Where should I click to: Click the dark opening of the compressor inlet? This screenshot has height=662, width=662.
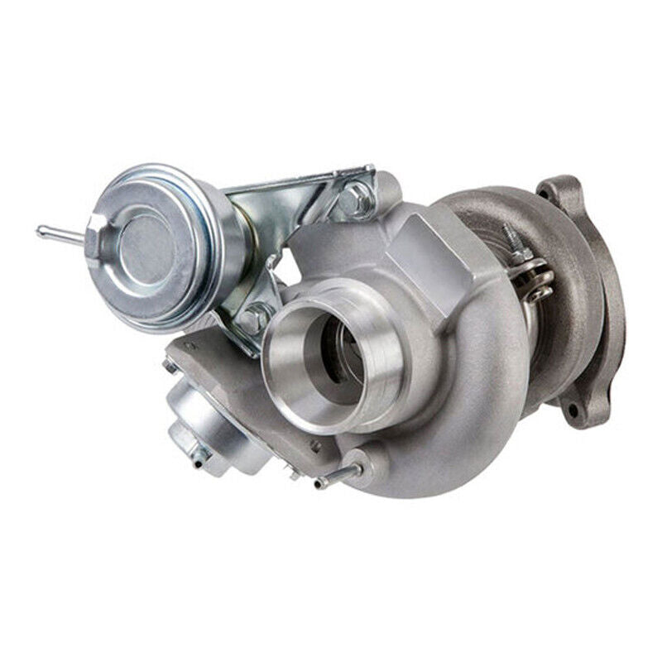point(335,356)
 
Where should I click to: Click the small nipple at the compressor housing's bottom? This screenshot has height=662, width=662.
point(339,476)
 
